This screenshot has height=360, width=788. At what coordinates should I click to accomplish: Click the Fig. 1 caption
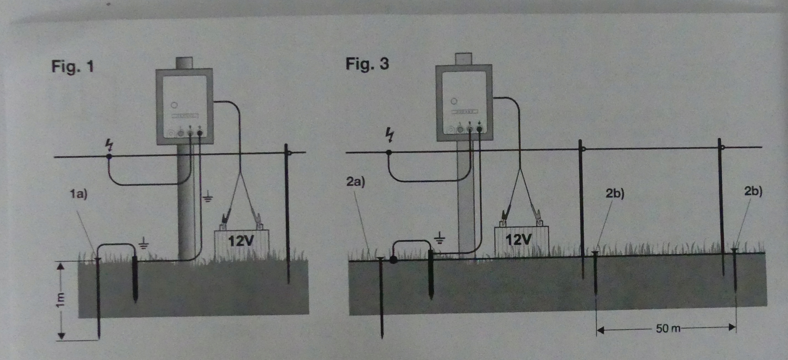coord(72,67)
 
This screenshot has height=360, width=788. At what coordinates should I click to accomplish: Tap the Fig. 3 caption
coord(367,64)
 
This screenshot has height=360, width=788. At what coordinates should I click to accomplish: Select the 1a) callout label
coord(78,194)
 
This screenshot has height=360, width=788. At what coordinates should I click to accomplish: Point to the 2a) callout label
coord(355,182)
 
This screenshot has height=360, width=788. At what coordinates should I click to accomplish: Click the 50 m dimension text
coord(668,328)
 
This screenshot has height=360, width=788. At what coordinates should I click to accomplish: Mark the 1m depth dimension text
coord(60,300)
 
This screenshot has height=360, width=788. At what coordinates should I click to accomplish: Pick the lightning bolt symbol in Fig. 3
coord(390,136)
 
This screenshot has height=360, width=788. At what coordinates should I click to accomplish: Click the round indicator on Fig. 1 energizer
coord(174,105)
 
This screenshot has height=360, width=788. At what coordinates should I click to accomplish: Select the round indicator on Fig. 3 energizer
coord(454,101)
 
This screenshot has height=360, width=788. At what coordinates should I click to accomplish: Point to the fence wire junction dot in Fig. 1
coord(109,156)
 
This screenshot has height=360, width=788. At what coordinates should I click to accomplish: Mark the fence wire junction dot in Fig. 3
coord(389,152)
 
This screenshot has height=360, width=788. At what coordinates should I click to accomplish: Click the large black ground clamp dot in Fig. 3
coord(393,260)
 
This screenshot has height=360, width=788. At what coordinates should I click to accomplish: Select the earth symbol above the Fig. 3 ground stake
coord(440,238)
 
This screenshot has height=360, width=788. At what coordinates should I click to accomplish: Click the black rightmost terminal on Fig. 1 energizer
coord(200,133)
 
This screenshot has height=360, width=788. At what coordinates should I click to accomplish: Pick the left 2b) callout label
coord(615,193)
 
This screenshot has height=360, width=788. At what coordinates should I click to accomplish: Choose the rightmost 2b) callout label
coord(753,191)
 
